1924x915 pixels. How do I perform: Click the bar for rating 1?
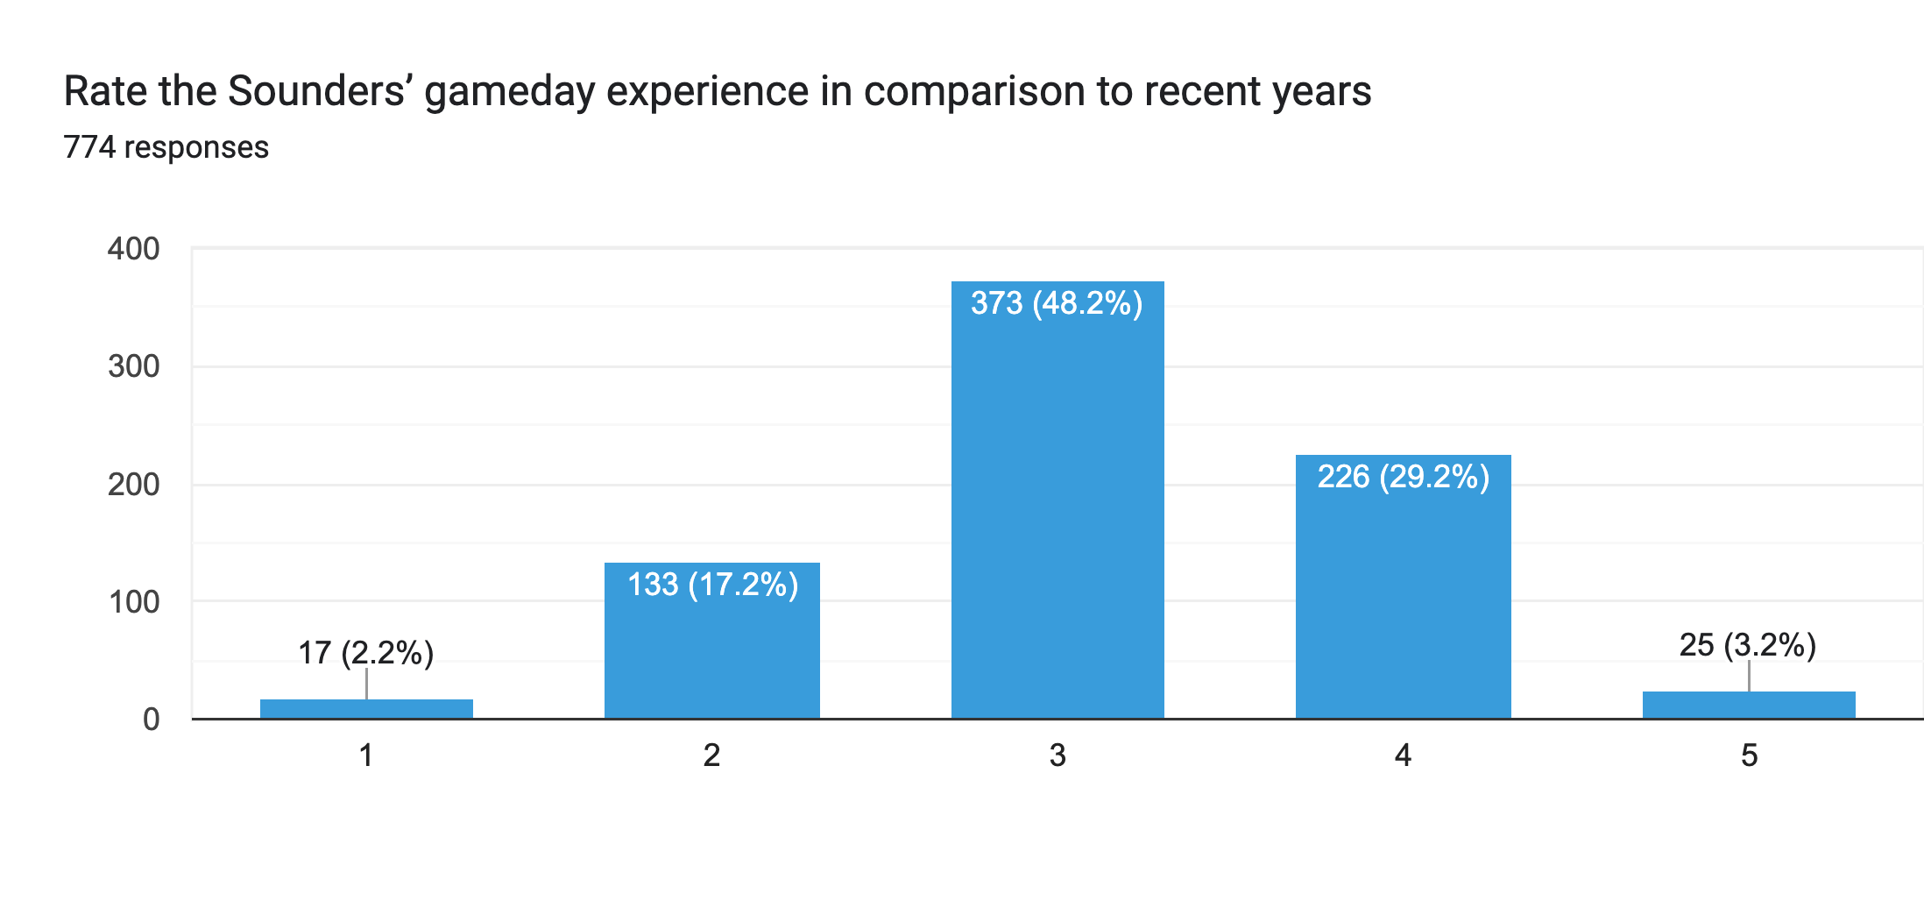(x=366, y=709)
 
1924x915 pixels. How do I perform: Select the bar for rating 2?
(x=711, y=649)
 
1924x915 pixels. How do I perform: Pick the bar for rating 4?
(x=1403, y=596)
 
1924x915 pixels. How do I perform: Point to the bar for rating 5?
(x=1749, y=706)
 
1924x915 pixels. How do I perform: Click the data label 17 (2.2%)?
(x=366, y=653)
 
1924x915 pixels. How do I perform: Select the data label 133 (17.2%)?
(x=712, y=585)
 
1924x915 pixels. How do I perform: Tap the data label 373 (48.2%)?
(x=1057, y=303)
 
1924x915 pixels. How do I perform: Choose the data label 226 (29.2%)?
(x=1403, y=477)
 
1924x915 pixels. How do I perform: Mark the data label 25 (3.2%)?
(x=1747, y=645)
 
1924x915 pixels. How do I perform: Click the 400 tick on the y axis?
(x=133, y=249)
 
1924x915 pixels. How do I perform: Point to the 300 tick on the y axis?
(x=133, y=366)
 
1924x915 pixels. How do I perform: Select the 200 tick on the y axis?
(x=133, y=485)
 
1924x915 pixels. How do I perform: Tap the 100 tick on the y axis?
(x=133, y=602)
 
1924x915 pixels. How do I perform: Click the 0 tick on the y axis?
(x=151, y=720)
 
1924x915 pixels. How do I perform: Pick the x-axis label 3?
(x=1057, y=755)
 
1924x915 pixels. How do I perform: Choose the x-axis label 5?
(x=1749, y=755)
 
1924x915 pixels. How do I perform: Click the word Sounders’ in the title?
(x=320, y=91)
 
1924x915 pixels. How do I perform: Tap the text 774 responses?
(x=166, y=147)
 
